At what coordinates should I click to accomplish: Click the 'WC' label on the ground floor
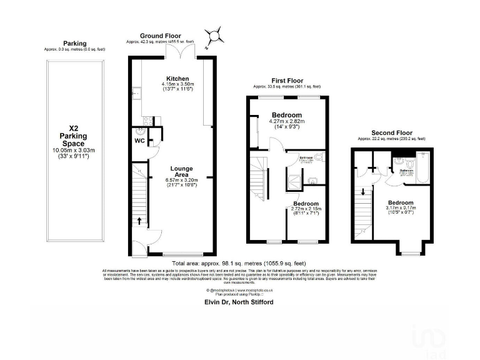tap(141, 141)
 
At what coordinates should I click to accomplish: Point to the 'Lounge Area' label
tap(182, 172)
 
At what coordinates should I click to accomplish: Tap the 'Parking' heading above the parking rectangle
tap(74, 43)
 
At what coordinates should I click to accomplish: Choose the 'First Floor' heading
tap(287, 81)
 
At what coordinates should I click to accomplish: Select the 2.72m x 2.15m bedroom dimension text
tap(306, 209)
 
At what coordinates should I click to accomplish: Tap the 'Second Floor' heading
tap(392, 133)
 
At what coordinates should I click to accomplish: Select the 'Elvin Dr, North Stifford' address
tap(239, 302)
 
